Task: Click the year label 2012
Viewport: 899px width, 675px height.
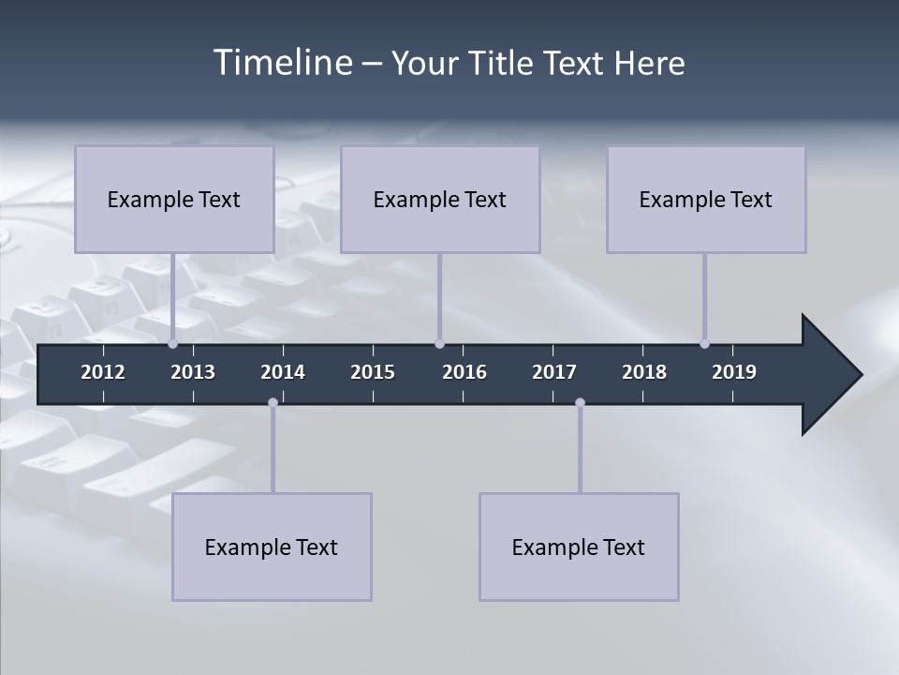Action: [x=103, y=372]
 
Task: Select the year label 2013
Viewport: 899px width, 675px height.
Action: [x=193, y=372]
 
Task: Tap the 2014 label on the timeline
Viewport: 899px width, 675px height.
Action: [x=283, y=372]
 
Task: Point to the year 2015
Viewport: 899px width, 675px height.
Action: [x=373, y=372]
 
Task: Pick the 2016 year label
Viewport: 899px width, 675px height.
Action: [x=464, y=372]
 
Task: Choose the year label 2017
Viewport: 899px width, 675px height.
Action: [x=554, y=372]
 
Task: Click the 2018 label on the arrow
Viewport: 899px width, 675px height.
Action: [x=644, y=372]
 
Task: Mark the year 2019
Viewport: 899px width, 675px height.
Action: [x=734, y=372]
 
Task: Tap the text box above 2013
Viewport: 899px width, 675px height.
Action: [x=174, y=199]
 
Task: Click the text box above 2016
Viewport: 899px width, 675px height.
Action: [x=440, y=199]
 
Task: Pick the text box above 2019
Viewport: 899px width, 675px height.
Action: [x=706, y=199]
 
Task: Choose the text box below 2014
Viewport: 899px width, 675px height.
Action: [x=272, y=547]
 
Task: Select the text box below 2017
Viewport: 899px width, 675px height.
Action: [x=579, y=547]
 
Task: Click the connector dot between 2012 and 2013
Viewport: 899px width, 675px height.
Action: [x=172, y=344]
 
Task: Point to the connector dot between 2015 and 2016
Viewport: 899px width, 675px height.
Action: [x=439, y=344]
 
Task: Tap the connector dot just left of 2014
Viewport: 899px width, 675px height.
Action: [x=273, y=402]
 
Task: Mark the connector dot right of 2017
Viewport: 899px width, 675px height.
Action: [x=580, y=402]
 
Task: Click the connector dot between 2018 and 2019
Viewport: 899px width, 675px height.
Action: [x=704, y=344]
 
